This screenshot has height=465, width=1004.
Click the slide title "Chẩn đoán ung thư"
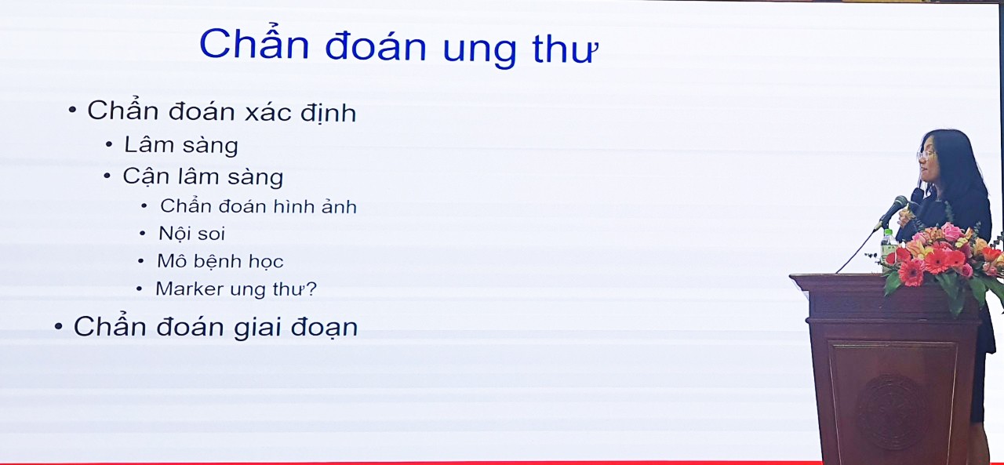coord(398,45)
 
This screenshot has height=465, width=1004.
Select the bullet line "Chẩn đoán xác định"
coord(221,111)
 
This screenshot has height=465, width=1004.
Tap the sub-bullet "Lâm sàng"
coord(180,145)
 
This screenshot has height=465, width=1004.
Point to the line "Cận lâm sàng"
coord(202,176)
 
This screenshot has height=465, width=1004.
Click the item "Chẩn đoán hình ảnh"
coord(258,206)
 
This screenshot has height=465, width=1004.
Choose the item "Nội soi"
coord(191,234)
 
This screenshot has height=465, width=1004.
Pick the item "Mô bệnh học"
coord(220,261)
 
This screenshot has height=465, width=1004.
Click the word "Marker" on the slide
coord(189,289)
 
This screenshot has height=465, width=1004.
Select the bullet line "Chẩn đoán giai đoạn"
coord(215,326)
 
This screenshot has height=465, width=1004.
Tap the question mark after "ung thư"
coord(311,289)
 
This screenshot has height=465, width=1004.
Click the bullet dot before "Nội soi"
coord(142,234)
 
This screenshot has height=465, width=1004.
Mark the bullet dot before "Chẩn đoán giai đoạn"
coord(59,326)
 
